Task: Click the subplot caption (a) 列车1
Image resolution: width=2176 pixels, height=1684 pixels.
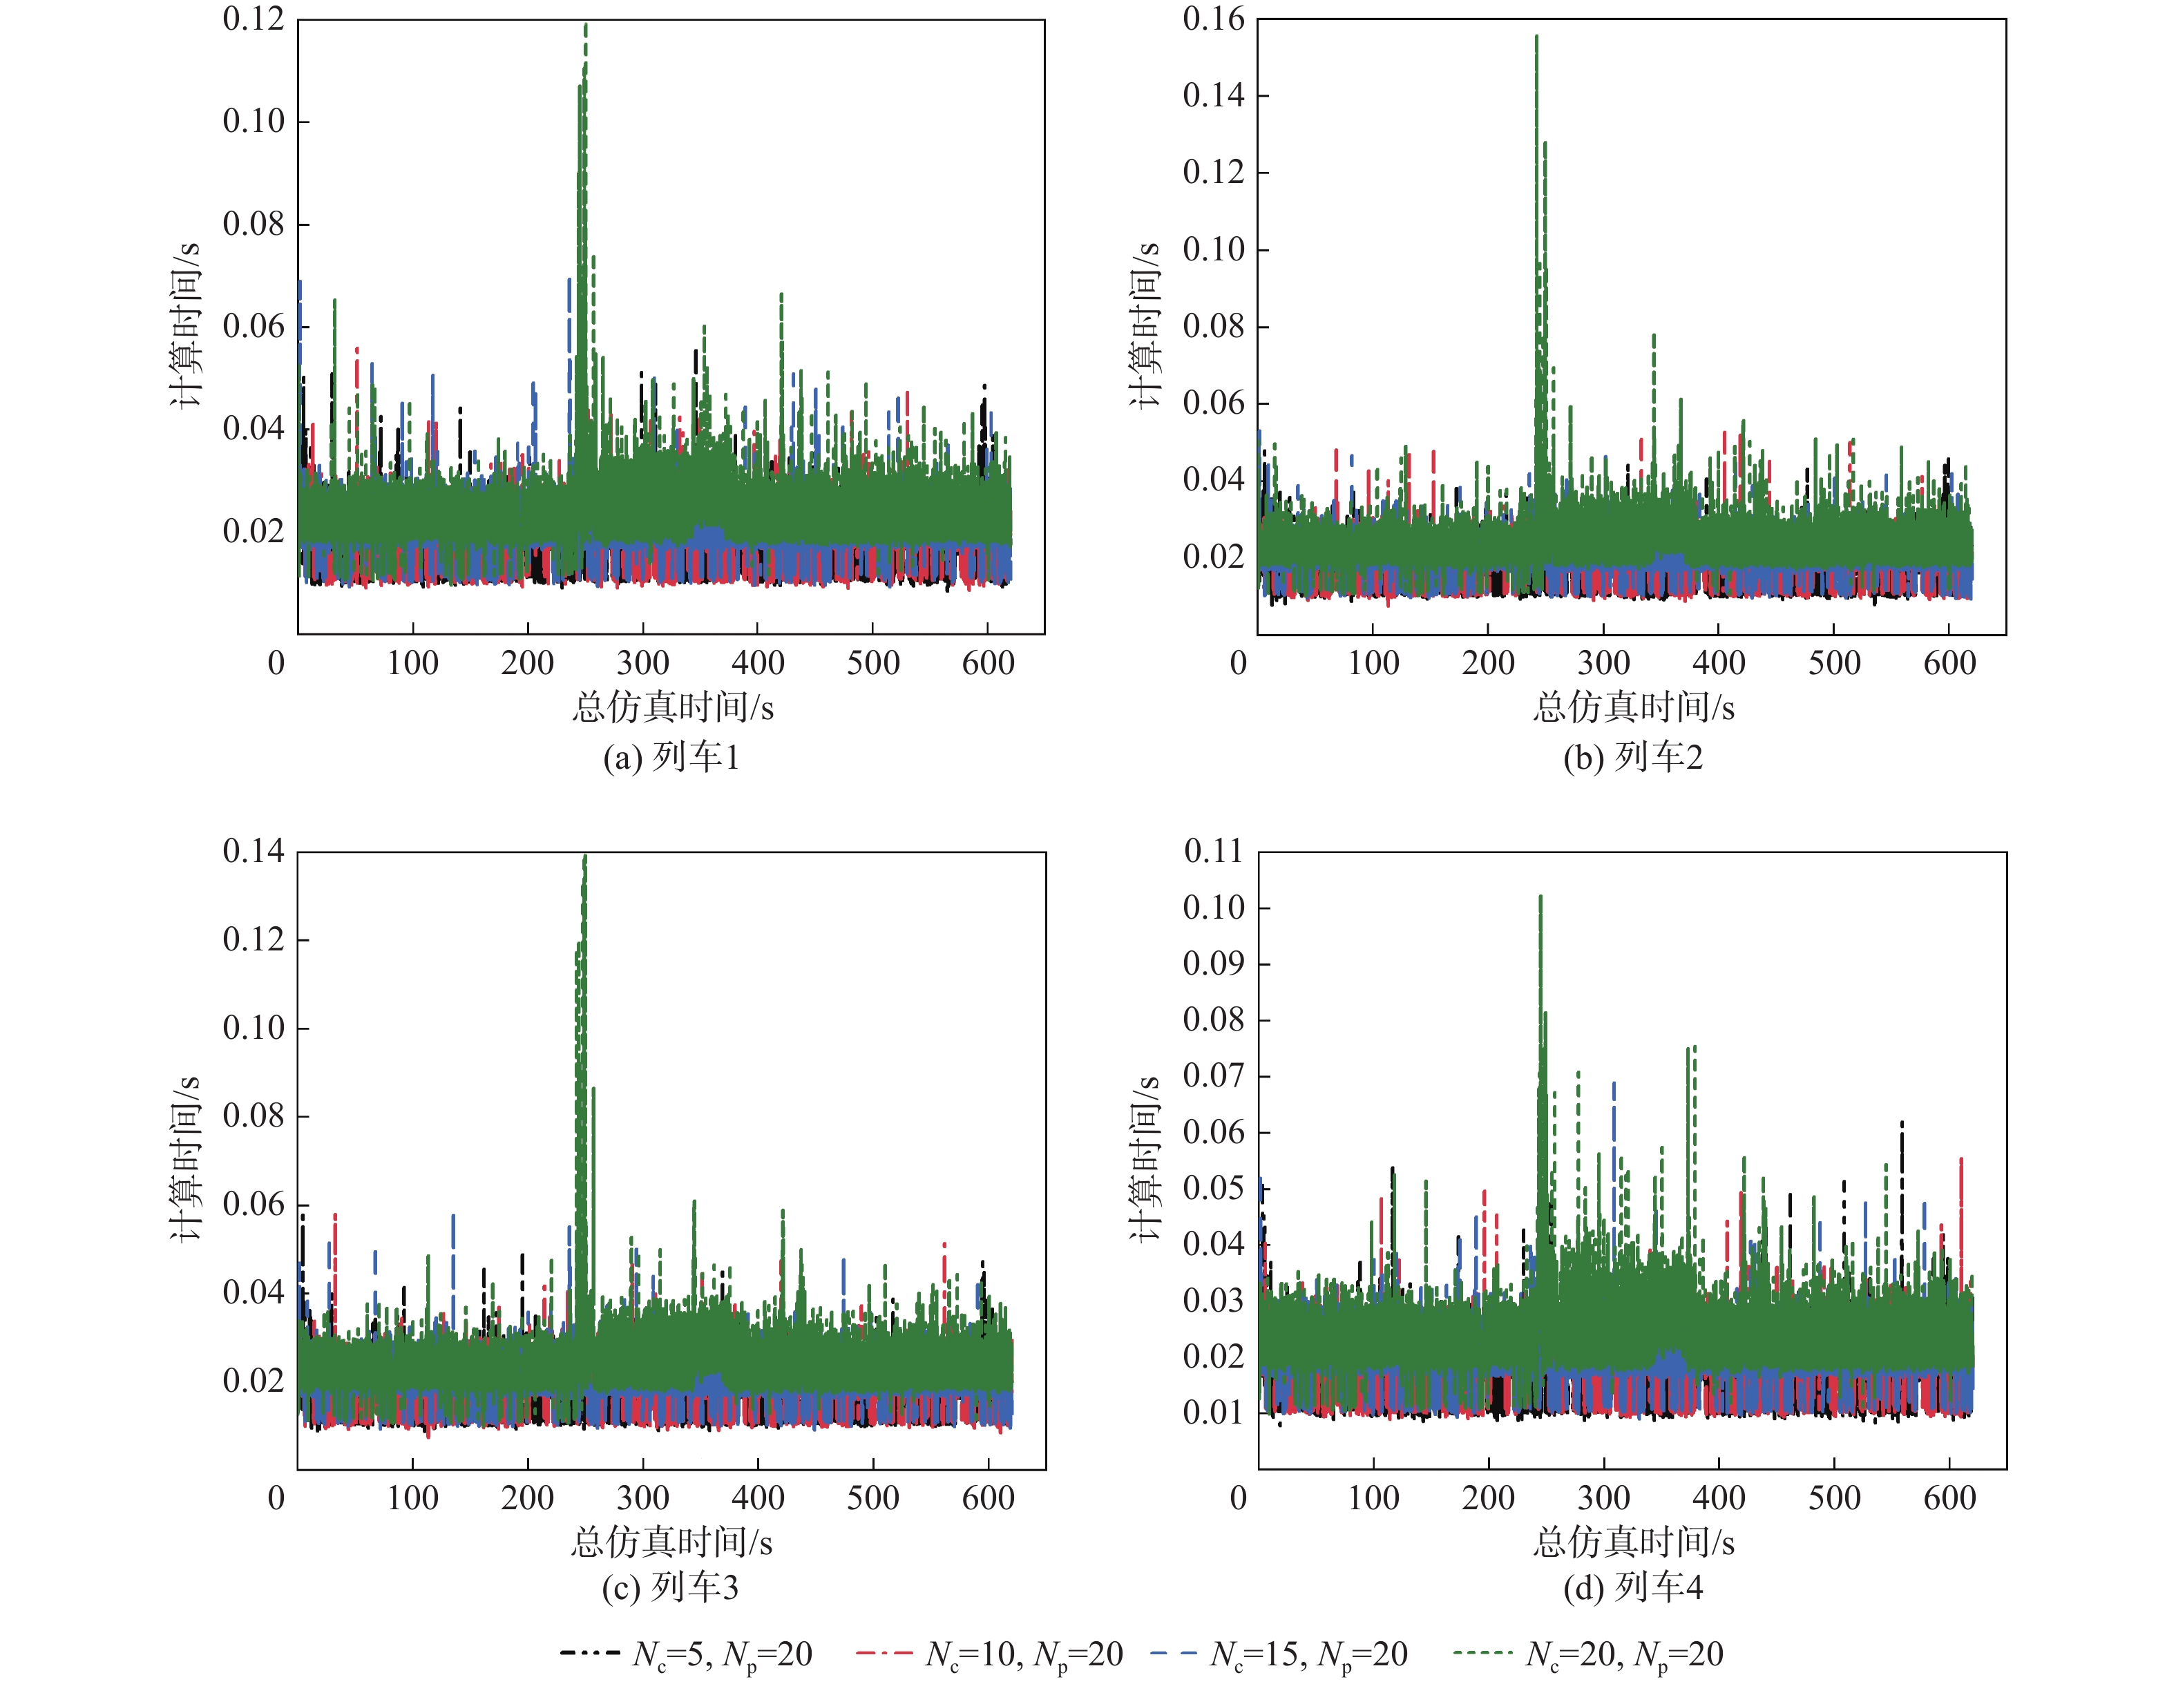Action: pos(671,757)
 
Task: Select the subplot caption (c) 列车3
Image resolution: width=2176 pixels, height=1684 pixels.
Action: pos(671,1587)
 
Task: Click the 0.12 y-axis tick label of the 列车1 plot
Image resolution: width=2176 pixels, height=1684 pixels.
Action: pos(253,19)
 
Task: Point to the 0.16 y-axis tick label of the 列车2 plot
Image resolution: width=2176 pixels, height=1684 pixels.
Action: pos(1214,19)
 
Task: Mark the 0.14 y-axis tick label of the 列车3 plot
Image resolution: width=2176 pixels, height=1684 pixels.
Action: pos(253,851)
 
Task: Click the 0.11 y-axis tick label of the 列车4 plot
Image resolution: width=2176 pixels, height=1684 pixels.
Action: pos(1214,851)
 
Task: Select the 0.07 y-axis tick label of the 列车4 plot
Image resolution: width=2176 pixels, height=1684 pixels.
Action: pos(1214,1075)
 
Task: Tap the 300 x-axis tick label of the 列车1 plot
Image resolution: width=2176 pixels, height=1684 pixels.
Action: pos(642,662)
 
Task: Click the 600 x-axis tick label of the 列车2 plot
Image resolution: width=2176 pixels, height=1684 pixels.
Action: pos(1949,662)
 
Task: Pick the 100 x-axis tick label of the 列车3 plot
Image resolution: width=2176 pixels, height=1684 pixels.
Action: pos(412,1497)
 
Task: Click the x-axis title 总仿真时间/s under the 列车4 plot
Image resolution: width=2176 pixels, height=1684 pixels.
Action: pos(1633,1542)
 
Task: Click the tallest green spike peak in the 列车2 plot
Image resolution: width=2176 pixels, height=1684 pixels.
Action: pos(1536,37)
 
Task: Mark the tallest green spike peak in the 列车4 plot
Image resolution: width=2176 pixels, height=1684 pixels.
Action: pos(1540,897)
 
